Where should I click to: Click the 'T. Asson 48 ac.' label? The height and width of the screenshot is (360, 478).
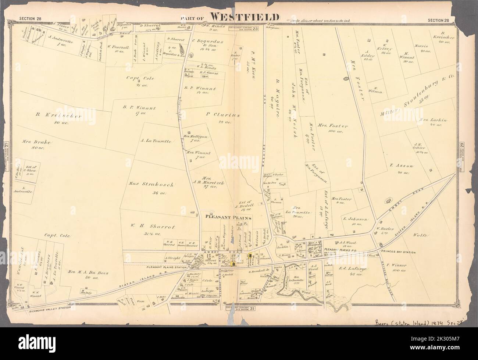point(402,169)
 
